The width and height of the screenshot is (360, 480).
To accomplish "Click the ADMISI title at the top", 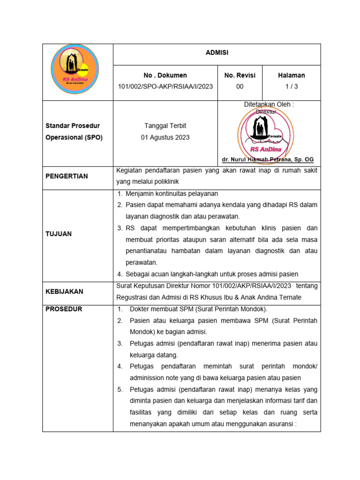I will tap(217, 53).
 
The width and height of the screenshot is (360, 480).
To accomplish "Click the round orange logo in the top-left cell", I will tap(75, 71).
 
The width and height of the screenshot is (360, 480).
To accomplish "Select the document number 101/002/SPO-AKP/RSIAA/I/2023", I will tap(165, 86).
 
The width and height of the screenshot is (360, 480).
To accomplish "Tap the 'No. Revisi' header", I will tap(240, 75).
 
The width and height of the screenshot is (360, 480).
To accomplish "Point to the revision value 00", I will tap(240, 86).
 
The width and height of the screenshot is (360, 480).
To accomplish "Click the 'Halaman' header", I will tap(291, 75).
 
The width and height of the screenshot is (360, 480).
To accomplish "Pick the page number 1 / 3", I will tap(291, 86).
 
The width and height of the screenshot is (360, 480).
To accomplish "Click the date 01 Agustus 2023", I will tap(165, 137).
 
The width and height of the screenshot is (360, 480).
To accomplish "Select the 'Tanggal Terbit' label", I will tap(165, 126).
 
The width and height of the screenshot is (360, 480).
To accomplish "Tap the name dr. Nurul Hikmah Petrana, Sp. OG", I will tap(268, 159).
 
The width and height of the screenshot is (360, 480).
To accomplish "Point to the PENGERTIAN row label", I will tap(67, 176).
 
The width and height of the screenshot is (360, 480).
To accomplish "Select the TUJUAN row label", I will tap(59, 233).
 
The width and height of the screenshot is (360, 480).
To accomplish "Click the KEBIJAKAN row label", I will tap(64, 291).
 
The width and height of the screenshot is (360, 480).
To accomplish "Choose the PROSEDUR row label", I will tap(64, 309).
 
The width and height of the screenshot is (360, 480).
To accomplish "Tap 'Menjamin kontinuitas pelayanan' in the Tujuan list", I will tap(172, 194).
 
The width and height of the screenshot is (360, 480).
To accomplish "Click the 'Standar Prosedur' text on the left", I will tap(73, 126).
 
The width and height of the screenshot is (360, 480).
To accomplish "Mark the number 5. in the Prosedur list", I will tap(120, 389).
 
